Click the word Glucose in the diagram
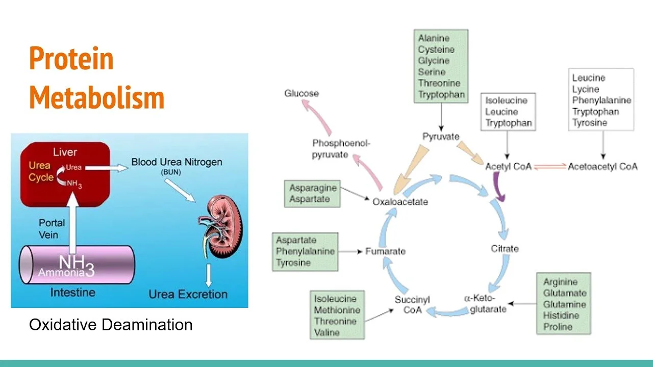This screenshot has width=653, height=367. coord(302,93)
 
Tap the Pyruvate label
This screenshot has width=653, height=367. coord(441,137)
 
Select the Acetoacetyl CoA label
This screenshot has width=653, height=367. coord(602,166)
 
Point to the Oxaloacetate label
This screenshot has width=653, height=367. coord(400,201)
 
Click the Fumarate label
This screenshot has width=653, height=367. coord(385,251)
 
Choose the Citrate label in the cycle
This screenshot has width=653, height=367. coord(505,248)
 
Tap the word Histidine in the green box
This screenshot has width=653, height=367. coord(561,316)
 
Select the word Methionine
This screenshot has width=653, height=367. coord(337,310)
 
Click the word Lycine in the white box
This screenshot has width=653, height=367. coord(586,89)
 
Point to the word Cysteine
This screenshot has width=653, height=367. coord(436,49)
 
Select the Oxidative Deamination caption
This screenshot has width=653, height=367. coord(111,325)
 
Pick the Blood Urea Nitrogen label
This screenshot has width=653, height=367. coord(177,162)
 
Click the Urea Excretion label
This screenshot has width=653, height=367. coord(188,294)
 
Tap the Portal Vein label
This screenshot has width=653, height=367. coord(52,229)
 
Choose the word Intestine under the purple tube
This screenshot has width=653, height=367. coord(72,293)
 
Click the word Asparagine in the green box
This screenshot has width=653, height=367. coord(313,188)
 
